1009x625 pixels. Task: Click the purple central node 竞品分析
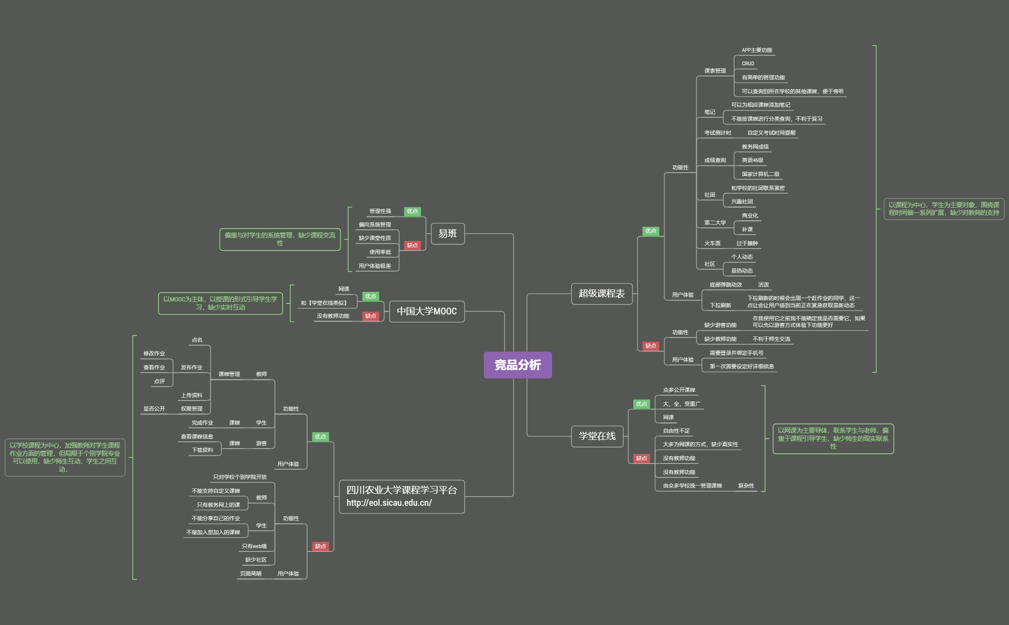click(517, 365)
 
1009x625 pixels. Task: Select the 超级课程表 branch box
click(601, 294)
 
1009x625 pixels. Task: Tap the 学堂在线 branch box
click(597, 436)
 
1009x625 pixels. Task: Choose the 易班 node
click(447, 234)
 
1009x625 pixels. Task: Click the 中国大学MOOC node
click(426, 312)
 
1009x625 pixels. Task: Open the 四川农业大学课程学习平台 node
click(401, 496)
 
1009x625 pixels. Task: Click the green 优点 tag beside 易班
click(412, 212)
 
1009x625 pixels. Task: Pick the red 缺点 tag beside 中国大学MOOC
click(370, 316)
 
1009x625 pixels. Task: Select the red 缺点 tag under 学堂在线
click(641, 459)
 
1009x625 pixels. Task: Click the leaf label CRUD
click(748, 64)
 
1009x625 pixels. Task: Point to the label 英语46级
click(752, 161)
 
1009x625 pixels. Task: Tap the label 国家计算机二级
click(761, 175)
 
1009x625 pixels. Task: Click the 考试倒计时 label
click(717, 133)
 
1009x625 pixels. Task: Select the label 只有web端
click(254, 547)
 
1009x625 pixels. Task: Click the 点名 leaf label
click(197, 340)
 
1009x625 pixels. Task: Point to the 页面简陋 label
click(251, 574)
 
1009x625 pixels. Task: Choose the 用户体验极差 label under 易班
click(375, 266)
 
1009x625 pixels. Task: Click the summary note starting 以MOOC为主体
click(221, 303)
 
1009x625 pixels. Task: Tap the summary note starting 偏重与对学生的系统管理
click(280, 239)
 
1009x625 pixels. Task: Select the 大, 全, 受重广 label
click(681, 404)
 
